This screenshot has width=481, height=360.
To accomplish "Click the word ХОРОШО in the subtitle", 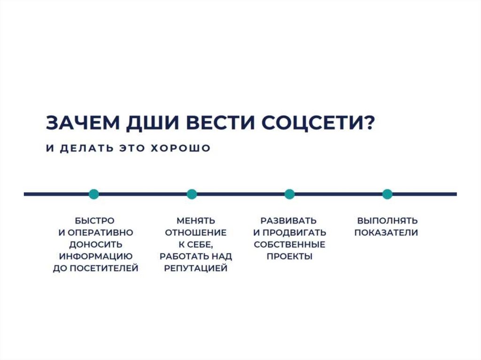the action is tap(181, 148).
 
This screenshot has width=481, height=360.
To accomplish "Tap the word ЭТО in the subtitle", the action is tap(131, 148).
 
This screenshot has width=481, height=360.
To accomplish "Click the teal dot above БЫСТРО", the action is tap(94, 194).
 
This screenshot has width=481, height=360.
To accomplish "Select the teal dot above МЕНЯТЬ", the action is tap(192, 194).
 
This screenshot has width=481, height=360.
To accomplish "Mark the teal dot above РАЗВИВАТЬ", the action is tap(289, 194).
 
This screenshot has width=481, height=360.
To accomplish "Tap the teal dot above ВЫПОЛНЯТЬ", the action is tap(387, 194).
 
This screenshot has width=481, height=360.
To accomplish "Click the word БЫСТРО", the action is tap(95, 221).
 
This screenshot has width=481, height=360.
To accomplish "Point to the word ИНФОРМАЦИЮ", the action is tap(95, 256).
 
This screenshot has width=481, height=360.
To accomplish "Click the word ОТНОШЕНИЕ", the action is tap(196, 232).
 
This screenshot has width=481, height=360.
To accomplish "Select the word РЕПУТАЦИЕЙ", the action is tap(196, 268).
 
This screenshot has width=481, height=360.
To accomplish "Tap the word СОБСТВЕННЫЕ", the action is tap(289, 245).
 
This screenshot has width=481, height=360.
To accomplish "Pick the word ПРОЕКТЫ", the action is tap(289, 256).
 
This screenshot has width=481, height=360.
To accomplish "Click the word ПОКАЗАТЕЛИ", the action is tap(386, 232).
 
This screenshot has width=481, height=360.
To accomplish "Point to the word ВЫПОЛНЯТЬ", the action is tap(387, 221).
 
